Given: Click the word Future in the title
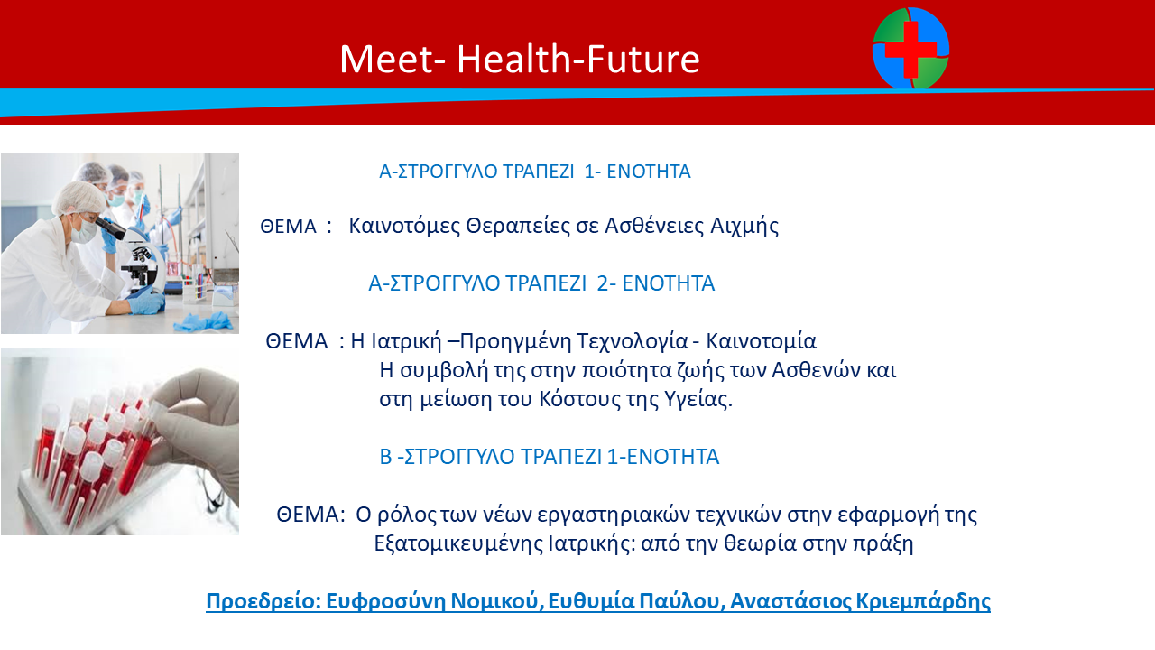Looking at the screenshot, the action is [x=643, y=59].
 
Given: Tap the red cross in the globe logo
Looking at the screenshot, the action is [x=911, y=49].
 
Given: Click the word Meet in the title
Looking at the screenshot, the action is [x=386, y=59].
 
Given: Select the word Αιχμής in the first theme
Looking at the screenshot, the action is [x=744, y=226].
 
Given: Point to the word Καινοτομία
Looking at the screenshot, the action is [x=761, y=341].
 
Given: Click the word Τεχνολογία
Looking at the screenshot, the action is [x=633, y=341].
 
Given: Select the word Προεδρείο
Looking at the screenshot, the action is [x=263, y=601].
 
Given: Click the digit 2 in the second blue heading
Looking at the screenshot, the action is [x=603, y=283].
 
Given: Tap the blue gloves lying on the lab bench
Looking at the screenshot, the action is [x=204, y=321].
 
